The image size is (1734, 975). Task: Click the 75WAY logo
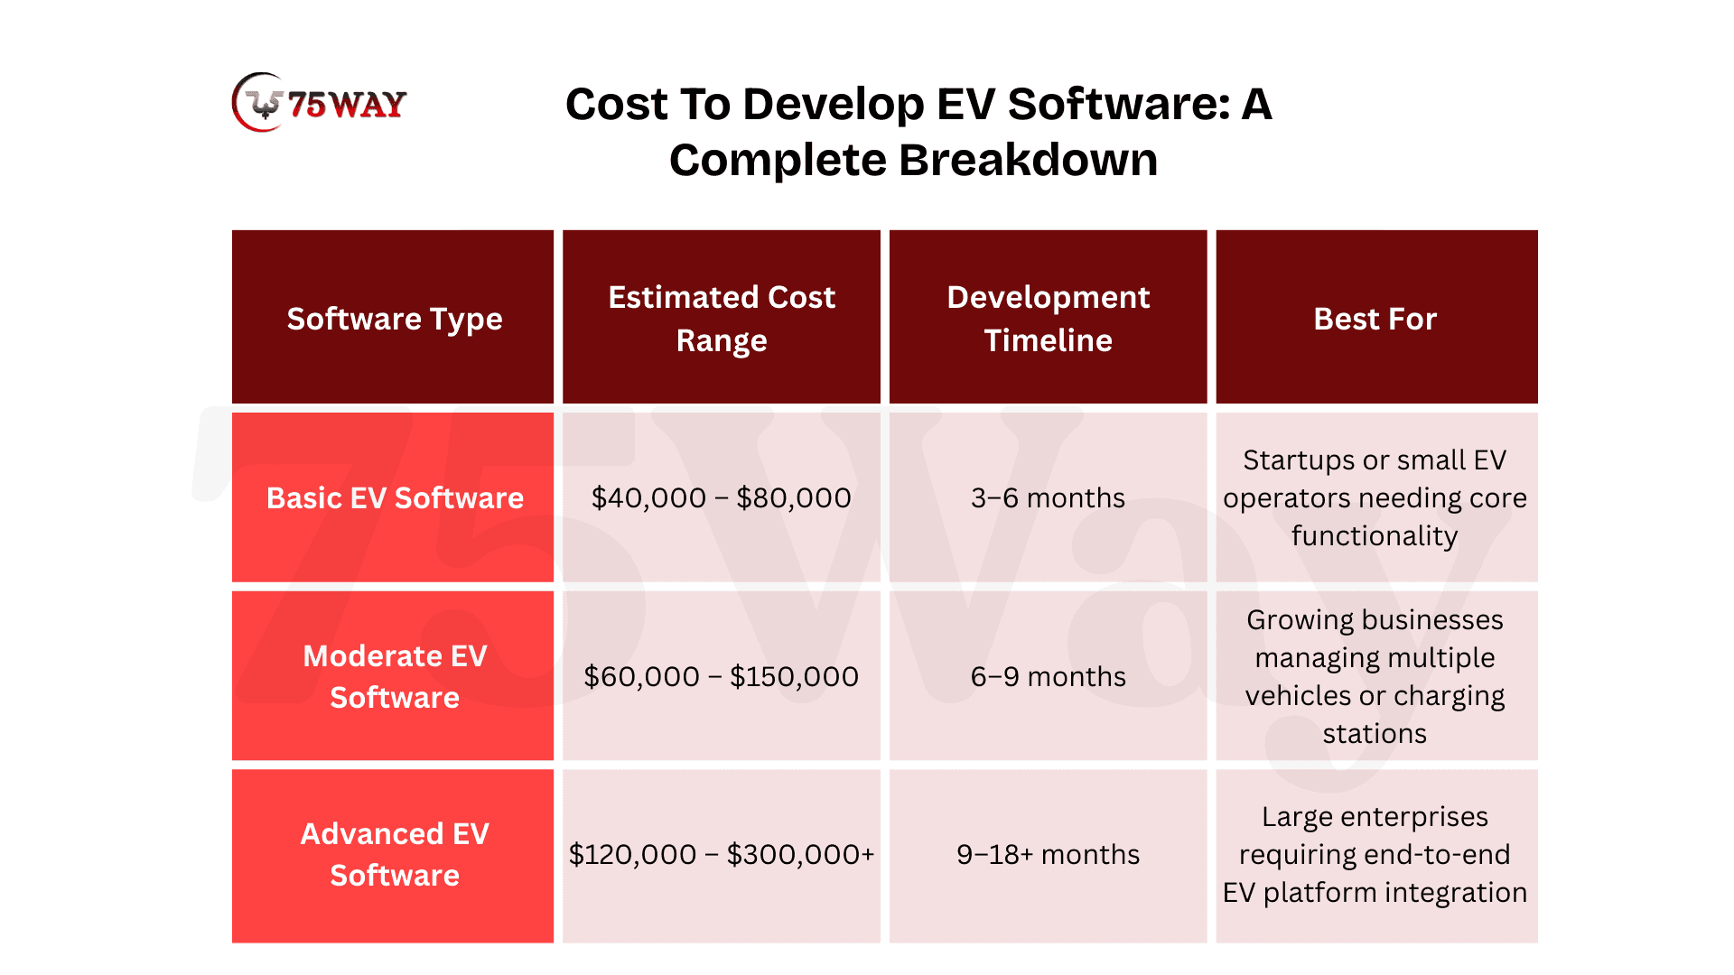click(319, 103)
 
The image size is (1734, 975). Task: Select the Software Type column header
click(395, 319)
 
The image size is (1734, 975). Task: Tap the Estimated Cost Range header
click(722, 319)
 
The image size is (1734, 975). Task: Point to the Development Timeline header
click(1049, 319)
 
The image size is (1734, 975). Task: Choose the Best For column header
click(1375, 319)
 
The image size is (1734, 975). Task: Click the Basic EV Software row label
click(395, 497)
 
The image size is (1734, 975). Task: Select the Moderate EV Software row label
click(395, 676)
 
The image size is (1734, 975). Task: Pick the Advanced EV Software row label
click(395, 854)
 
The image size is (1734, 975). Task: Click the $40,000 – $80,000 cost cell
click(722, 497)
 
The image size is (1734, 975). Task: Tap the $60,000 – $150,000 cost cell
click(722, 676)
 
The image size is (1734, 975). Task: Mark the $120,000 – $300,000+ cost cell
click(722, 854)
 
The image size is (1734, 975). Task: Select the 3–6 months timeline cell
click(1049, 497)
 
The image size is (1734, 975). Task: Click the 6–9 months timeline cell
click(1049, 676)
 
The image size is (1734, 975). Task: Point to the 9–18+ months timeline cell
click(1049, 854)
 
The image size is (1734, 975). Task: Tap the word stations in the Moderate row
click(1375, 734)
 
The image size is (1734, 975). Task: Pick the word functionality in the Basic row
click(1375, 536)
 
